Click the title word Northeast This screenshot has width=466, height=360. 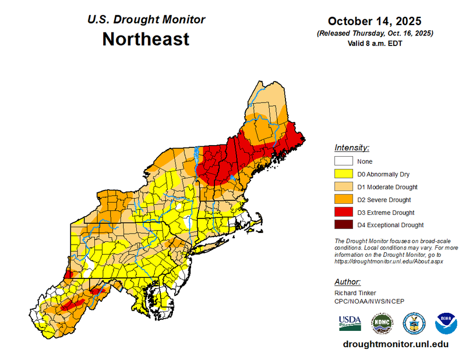pos(146,39)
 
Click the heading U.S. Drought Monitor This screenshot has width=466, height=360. pos(146,19)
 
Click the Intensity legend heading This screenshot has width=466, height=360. pos(352,147)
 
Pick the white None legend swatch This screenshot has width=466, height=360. pos(344,161)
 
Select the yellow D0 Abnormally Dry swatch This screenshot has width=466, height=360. pos(344,174)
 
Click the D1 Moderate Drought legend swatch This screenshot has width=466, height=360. pos(344,186)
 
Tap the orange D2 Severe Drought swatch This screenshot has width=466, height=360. pos(344,199)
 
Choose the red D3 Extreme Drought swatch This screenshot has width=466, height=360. pos(344,212)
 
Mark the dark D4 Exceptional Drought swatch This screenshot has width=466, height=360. pos(344,225)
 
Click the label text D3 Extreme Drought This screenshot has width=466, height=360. pos(387,212)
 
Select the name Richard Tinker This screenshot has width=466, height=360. pos(355,292)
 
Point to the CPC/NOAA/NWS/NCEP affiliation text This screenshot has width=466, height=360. pos(369,301)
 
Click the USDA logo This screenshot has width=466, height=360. pos(349,322)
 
